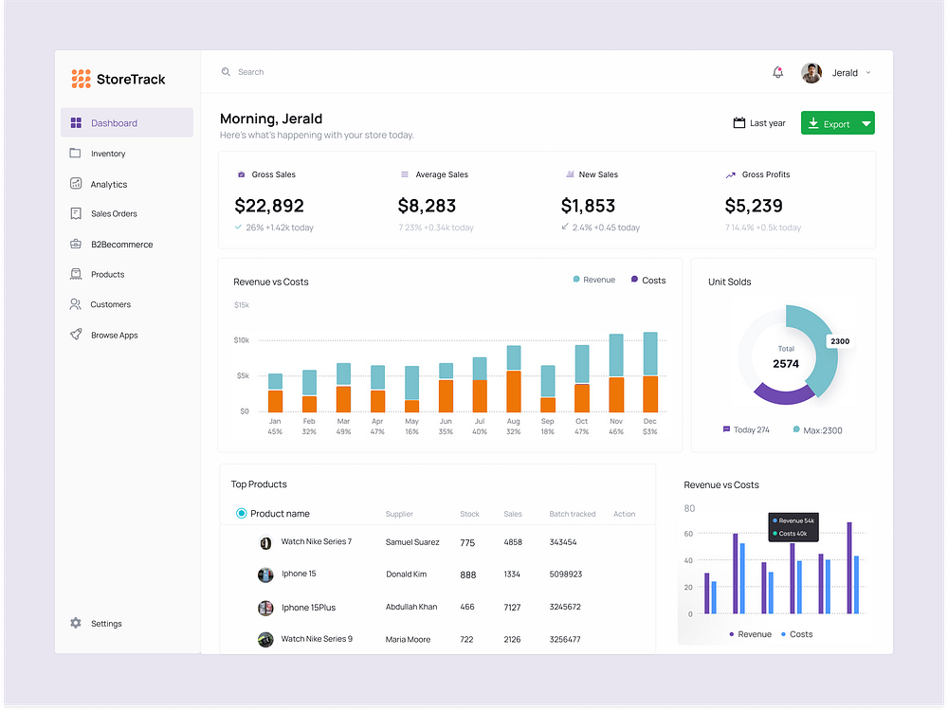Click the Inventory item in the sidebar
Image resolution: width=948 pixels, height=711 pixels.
coord(107,154)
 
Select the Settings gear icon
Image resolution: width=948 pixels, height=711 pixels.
coord(76,623)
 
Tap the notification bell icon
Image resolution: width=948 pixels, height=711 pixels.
coord(778,72)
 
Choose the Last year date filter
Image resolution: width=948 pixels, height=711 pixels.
coord(759,123)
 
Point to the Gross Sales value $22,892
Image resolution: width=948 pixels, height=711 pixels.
coord(269,206)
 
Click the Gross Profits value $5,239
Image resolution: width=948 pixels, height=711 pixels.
coord(754,206)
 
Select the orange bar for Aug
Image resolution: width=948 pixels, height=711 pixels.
coord(514,391)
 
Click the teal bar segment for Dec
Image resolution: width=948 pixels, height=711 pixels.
coord(650,354)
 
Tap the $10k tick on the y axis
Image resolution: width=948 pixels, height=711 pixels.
coord(242,339)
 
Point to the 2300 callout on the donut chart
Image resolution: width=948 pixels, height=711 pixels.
coord(839,341)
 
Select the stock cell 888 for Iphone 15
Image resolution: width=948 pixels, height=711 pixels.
coord(467,574)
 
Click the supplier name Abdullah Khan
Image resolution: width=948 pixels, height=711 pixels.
coord(411,607)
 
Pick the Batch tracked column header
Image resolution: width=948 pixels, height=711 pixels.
coord(573,514)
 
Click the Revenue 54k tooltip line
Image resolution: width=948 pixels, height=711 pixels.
coord(794,520)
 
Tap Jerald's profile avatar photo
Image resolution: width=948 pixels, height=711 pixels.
coord(811,73)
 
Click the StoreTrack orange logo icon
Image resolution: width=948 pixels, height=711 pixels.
coord(81,79)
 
